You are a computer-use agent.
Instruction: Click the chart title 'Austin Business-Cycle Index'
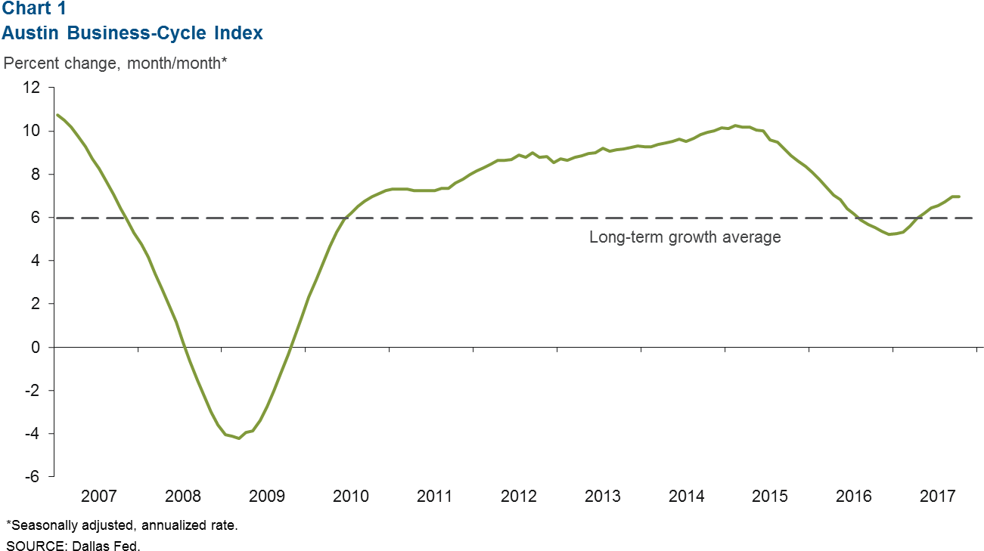pyautogui.click(x=132, y=33)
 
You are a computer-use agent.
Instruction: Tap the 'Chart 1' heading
pyautogui.click(x=33, y=10)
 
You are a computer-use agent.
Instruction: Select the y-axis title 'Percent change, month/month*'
pyautogui.click(x=116, y=63)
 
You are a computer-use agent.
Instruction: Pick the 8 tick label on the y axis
pyautogui.click(x=36, y=175)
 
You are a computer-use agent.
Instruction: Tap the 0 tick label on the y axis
pyautogui.click(x=36, y=348)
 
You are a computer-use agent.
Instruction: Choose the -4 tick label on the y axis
pyautogui.click(x=33, y=434)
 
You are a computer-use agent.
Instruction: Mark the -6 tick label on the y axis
pyautogui.click(x=33, y=477)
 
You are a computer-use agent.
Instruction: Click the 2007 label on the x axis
pyautogui.click(x=98, y=497)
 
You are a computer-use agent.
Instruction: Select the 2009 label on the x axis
pyautogui.click(x=266, y=497)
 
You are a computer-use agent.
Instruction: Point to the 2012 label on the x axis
pyautogui.click(x=518, y=497)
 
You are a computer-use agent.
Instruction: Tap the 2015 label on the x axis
pyautogui.click(x=769, y=497)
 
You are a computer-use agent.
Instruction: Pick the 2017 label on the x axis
pyautogui.click(x=937, y=497)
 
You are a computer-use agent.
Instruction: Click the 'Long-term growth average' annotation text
pyautogui.click(x=684, y=237)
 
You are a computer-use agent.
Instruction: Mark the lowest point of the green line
pyautogui.click(x=240, y=438)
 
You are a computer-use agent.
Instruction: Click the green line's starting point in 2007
pyautogui.click(x=57, y=115)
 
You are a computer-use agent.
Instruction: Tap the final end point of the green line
pyautogui.click(x=959, y=197)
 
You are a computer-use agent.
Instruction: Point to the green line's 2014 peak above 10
pyautogui.click(x=735, y=125)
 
